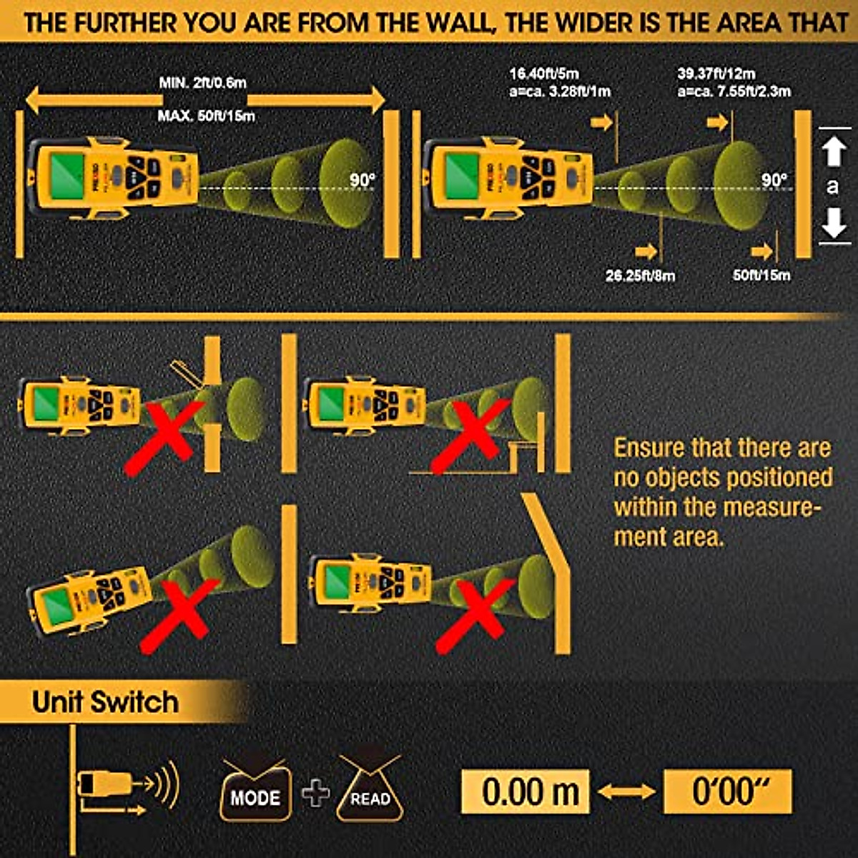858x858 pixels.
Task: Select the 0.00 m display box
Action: click(x=526, y=792)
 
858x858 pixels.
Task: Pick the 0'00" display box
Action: click(x=728, y=792)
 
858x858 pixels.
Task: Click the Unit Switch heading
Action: click(x=104, y=702)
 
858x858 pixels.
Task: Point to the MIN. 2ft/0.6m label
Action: click(x=202, y=82)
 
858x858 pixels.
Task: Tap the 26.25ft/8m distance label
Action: click(x=640, y=275)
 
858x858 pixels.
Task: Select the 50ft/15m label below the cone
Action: click(x=761, y=275)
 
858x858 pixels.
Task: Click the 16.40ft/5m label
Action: click(x=544, y=74)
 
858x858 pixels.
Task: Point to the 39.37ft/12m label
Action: click(x=716, y=74)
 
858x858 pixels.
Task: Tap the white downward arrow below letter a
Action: click(x=834, y=222)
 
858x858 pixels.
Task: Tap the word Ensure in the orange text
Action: click(x=649, y=448)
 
